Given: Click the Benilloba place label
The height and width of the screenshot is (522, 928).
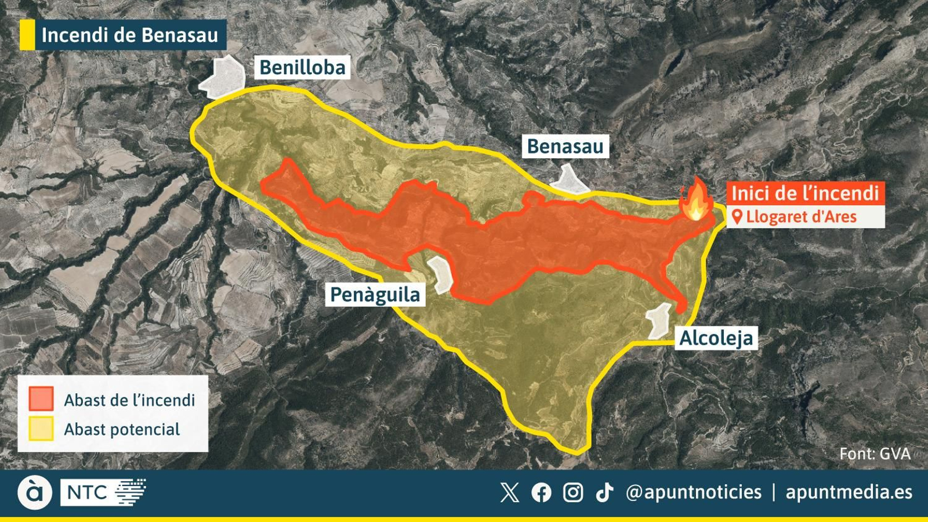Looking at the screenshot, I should coord(302,68).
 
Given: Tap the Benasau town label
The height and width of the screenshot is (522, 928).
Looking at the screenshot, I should coord(565,147).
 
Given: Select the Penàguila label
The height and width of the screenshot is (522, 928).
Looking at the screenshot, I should coord(375,295).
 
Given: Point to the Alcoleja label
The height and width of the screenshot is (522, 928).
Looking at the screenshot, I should coord(716,338).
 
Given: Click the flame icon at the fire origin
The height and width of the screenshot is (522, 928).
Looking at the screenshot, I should coord(697,200).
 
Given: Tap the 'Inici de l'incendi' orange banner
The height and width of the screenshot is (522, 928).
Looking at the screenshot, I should coord(805,193).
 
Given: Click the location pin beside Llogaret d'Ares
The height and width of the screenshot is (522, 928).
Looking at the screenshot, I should coord(737,217).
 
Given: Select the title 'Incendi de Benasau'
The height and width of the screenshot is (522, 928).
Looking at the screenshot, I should coord(129,35).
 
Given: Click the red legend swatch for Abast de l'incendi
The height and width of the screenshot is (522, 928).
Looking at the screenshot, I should coord(41,399).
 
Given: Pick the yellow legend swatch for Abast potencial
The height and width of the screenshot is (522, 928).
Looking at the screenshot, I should coord(41,429).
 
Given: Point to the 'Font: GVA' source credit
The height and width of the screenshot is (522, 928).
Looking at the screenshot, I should coord(875,454).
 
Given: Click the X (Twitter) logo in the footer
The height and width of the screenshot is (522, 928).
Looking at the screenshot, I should coord(509,492).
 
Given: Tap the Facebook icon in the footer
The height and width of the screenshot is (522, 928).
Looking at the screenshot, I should coord(541,492).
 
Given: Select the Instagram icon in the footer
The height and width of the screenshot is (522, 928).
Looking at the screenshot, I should coord(573,492).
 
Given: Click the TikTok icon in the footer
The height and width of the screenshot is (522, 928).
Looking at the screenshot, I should coord(604,492).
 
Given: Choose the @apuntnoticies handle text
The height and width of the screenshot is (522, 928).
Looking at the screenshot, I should coord(693,492).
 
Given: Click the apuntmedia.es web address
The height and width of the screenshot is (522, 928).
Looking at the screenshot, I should coord(849,492).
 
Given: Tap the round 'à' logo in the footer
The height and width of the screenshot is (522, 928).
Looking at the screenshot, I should coord(34,492).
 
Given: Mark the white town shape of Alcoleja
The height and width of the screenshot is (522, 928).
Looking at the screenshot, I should coord(659,320).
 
